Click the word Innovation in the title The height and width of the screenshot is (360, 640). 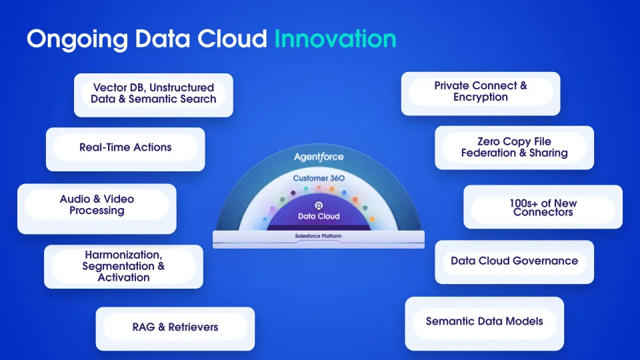(x=335, y=39)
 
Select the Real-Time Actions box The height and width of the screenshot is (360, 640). (x=125, y=149)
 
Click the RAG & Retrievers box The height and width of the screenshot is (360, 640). (x=175, y=329)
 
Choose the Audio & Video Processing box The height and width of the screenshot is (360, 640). (x=97, y=209)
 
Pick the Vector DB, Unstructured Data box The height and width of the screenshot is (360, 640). (x=153, y=95)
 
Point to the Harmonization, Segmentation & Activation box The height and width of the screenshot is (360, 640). (x=123, y=267)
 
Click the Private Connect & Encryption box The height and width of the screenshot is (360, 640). (x=481, y=93)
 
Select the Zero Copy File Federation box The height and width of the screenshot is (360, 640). (x=514, y=147)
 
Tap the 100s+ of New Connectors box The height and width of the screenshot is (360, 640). (x=543, y=207)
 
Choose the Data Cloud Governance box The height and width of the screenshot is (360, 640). (x=514, y=262)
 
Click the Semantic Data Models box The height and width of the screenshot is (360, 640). (x=485, y=323)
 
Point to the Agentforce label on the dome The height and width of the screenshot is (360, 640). (x=319, y=157)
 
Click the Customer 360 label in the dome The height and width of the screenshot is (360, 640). (x=319, y=178)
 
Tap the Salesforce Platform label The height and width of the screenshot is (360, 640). (x=319, y=236)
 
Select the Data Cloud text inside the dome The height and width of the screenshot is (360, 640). (x=319, y=216)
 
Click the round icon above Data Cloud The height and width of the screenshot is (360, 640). (x=319, y=205)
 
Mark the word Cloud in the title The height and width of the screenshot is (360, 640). (x=232, y=39)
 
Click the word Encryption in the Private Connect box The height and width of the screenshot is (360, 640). (x=481, y=97)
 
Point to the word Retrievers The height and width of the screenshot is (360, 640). (x=193, y=327)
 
